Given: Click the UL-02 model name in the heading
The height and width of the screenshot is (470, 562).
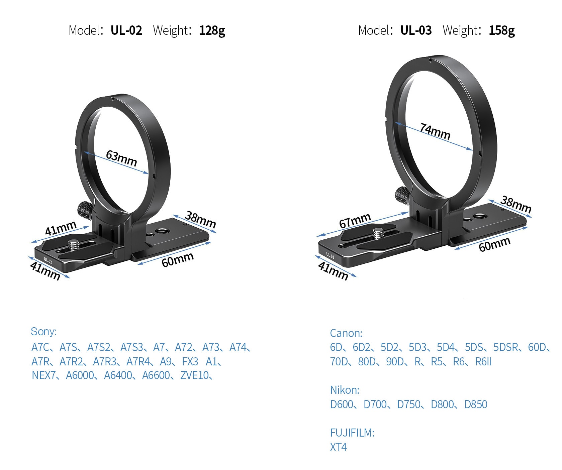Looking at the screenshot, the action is tap(126, 30).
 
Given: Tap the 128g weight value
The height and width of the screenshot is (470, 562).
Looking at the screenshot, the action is tap(212, 31).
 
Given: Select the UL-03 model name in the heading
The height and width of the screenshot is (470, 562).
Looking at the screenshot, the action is tap(416, 30).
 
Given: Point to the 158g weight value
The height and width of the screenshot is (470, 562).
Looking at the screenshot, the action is tap(502, 31).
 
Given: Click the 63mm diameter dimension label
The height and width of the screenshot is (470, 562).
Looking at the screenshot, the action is tap(121, 158).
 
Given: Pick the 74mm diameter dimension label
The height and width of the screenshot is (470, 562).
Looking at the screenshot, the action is tap(435, 131).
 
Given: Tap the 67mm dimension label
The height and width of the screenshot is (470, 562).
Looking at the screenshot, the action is tap(355, 221).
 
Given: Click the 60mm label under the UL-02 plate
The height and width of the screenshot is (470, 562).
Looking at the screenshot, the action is tap(177, 259).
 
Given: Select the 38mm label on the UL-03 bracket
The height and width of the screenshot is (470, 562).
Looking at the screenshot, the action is tap(516, 204).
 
